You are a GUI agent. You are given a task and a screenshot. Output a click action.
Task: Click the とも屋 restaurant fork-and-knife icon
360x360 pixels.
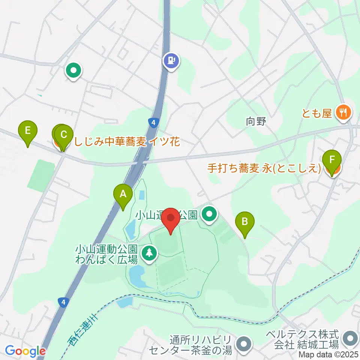343,111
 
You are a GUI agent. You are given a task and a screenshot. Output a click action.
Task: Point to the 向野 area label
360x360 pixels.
256,121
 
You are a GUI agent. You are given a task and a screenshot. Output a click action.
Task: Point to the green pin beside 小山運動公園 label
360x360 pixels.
209,215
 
